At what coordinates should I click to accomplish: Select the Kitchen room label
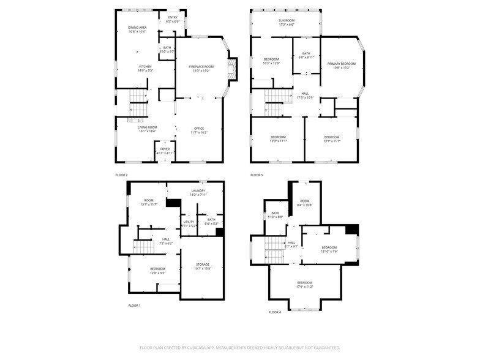coord(145,68)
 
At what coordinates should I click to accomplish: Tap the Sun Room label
coord(287,23)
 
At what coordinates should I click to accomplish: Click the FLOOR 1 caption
coord(134,305)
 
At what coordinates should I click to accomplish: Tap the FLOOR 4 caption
coord(274,312)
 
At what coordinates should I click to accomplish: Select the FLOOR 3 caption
coord(257,175)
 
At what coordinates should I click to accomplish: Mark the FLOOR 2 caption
coord(121,175)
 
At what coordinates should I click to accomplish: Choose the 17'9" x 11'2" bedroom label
coord(304,285)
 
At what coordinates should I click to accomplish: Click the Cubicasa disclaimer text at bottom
coord(239,347)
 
